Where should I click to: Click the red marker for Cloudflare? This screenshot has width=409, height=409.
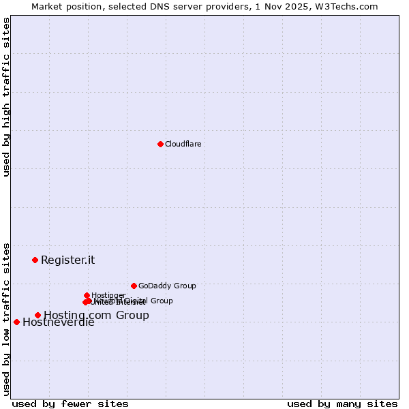[160, 144]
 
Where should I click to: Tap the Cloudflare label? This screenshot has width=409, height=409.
[183, 144]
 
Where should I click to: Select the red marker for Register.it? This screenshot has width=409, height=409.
[35, 260]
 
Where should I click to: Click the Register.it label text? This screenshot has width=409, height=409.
[67, 260]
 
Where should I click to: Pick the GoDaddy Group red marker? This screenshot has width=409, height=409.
[134, 286]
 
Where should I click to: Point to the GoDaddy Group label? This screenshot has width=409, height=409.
[167, 286]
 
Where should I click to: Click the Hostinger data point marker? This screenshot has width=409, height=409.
[87, 295]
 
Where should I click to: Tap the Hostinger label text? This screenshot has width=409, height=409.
[108, 295]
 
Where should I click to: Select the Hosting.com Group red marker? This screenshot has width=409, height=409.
[37, 315]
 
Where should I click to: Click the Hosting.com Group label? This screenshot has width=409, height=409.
[96, 315]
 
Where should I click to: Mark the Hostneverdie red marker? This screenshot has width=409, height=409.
[16, 322]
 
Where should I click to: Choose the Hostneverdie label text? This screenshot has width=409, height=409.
[58, 322]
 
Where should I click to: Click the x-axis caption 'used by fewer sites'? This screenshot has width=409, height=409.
[70, 404]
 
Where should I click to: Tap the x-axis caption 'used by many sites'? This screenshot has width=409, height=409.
[342, 404]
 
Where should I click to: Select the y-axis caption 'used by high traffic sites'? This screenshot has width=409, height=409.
[6, 97]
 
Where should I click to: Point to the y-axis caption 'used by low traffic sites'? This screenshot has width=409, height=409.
[6, 318]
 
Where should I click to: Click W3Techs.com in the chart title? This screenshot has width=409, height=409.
[350, 6]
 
